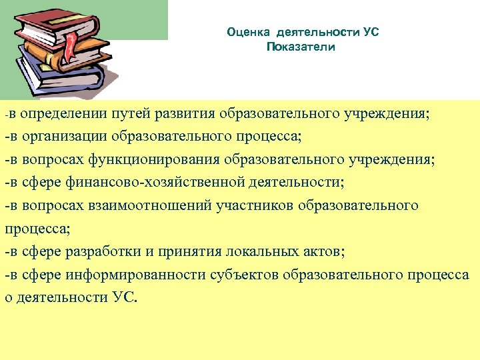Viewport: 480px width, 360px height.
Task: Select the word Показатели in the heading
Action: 301,47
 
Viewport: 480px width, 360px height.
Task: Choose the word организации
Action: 60,137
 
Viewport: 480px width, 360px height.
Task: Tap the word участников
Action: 255,205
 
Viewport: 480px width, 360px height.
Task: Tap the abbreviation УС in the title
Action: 371,32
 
